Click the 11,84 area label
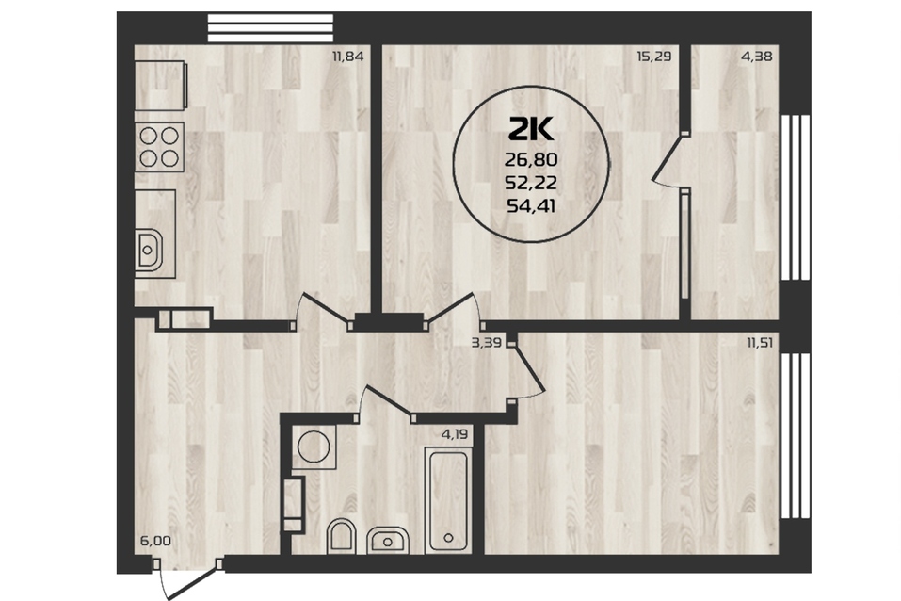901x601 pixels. [348, 57]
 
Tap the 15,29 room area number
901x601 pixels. [654, 57]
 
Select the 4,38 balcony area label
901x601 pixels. [757, 57]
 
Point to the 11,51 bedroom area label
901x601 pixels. [760, 343]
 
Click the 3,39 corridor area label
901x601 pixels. [486, 343]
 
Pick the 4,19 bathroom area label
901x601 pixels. [454, 434]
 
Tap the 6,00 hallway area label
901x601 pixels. [155, 541]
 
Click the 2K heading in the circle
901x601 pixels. [531, 129]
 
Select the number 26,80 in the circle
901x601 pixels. [531, 159]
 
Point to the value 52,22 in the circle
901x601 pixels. [531, 183]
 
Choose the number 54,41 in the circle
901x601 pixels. [531, 205]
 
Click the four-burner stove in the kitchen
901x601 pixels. [159, 147]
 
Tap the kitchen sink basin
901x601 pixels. [149, 250]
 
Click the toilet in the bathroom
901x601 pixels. [342, 537]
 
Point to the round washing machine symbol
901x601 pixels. [314, 447]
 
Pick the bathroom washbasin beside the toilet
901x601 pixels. [388, 540]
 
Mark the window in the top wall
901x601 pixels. [270, 28]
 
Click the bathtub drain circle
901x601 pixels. [449, 538]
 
